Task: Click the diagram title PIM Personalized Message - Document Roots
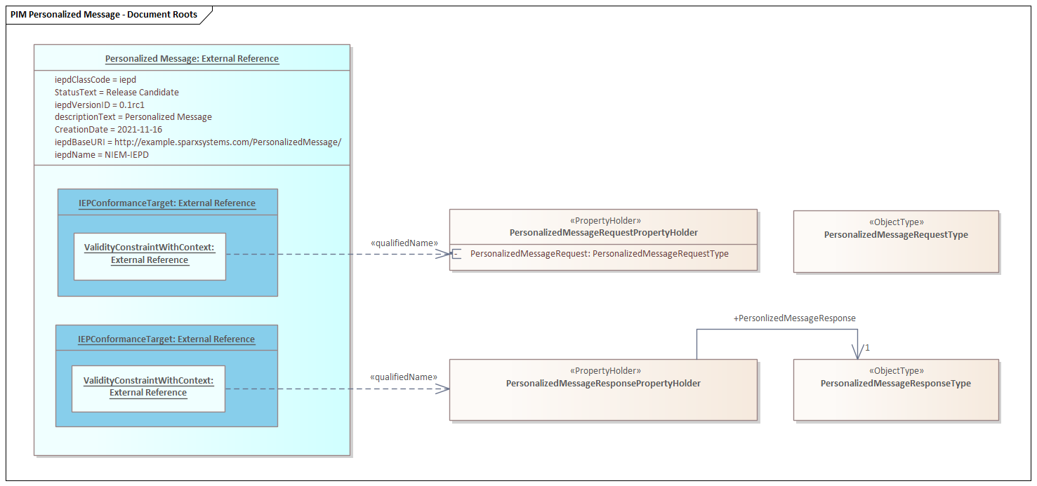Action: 103,15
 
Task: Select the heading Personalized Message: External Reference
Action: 192,59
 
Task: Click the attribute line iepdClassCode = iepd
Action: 95,80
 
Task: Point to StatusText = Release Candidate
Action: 117,93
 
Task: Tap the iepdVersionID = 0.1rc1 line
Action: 100,105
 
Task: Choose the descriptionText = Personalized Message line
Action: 133,117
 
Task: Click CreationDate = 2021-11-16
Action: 108,130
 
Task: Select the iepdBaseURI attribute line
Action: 198,142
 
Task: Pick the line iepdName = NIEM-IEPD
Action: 102,155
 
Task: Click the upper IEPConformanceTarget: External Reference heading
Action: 167,203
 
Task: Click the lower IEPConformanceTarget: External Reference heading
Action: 166,339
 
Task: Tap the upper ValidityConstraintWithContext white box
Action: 150,256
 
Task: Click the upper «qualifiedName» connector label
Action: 404,243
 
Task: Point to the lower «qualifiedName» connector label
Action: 403,377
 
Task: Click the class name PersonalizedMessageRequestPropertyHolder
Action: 604,233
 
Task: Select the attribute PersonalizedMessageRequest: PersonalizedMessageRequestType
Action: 599,254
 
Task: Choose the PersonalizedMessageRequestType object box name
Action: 896,235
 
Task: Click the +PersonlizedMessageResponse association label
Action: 794,318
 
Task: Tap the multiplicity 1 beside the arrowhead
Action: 867,348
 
